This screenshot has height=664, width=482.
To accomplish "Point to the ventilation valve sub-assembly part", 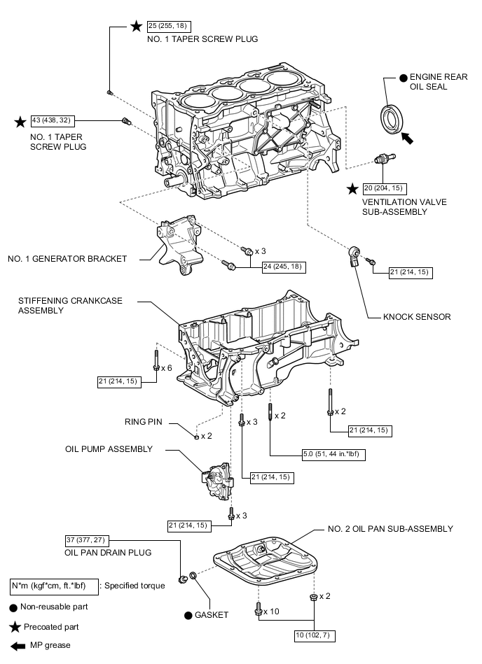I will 382,160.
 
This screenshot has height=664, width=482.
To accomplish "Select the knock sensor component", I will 355,254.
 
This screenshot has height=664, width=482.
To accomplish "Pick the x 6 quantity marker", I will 166,367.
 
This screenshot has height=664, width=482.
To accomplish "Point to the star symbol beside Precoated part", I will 13,627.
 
